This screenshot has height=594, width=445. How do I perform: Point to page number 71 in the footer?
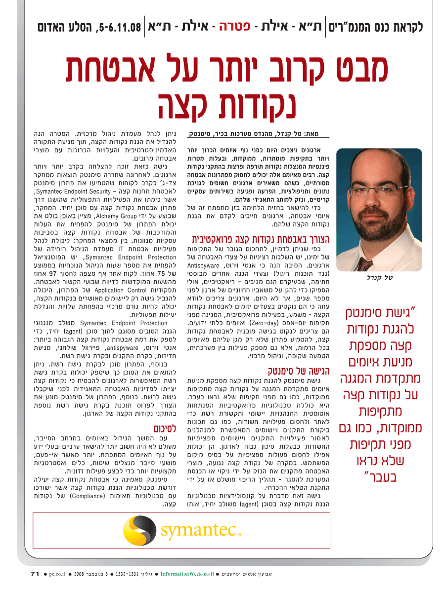point(35,574)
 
